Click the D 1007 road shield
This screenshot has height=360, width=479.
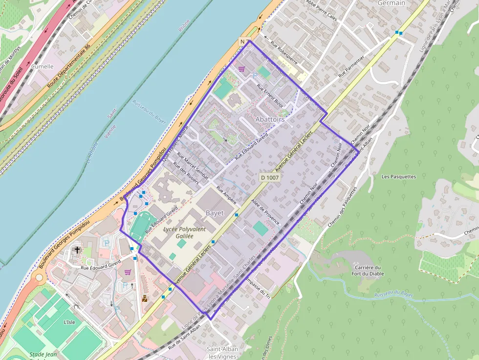pos(269,178)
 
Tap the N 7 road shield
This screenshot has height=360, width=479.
pos(243,43)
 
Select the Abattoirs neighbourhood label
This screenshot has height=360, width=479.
pos(270,119)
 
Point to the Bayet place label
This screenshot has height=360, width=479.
pos(215,213)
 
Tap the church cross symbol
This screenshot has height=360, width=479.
pos(77,250)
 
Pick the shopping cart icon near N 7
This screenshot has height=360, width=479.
pos(241,69)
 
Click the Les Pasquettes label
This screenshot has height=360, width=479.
pos(398,176)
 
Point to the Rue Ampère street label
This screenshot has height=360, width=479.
pos(226,195)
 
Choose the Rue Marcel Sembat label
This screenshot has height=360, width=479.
pos(193,165)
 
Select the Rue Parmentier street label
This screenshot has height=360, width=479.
pos(351,66)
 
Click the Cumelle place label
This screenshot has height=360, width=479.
pos(42,66)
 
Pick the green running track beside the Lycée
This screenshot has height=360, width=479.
pos(140,226)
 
